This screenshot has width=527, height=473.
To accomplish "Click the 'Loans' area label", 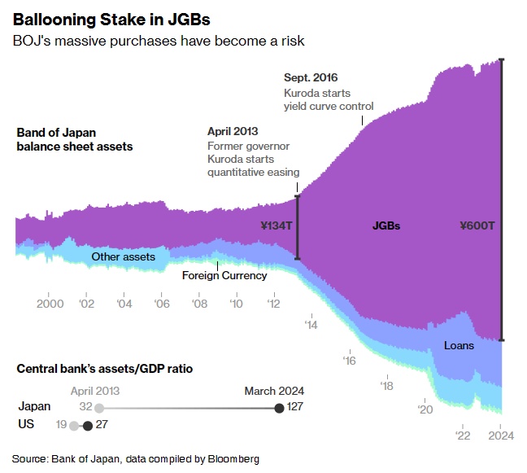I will pyautogui.click(x=459, y=345).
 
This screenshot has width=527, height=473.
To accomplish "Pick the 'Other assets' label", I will pyautogui.click(x=123, y=257).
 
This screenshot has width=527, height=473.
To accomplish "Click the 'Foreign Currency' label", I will pyautogui.click(x=224, y=275).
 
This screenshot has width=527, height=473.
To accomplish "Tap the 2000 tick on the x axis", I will pyautogui.click(x=50, y=304).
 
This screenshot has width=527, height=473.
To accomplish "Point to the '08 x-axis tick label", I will pyautogui.click(x=199, y=304).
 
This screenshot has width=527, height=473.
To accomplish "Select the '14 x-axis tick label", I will pyautogui.click(x=311, y=324).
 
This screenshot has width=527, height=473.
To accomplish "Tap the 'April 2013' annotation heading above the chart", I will pyautogui.click(x=232, y=131).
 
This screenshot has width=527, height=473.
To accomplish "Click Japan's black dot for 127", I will pyautogui.click(x=280, y=407).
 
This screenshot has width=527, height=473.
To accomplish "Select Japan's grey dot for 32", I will pyautogui.click(x=99, y=407).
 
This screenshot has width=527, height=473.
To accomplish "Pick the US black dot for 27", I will pyautogui.click(x=88, y=425).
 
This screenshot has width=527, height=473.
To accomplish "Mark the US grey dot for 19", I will pyautogui.click(x=74, y=425).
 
